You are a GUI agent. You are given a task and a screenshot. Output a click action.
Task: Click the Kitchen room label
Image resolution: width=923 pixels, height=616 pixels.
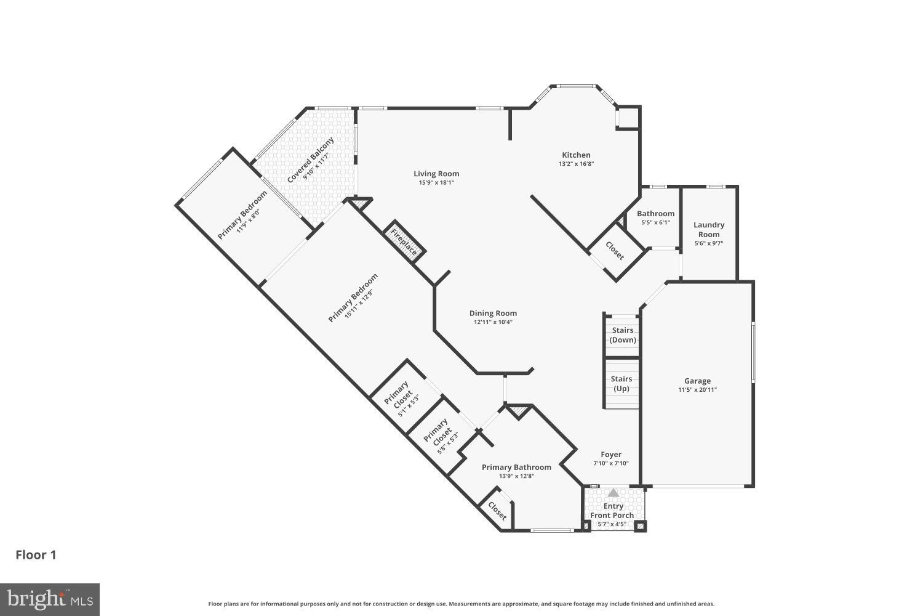pyautogui.click(x=576, y=155)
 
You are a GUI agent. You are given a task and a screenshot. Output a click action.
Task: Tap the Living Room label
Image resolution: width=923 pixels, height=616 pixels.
pyautogui.click(x=436, y=174)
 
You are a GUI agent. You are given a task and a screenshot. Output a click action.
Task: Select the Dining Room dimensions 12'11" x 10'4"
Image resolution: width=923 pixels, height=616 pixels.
pyautogui.click(x=493, y=322)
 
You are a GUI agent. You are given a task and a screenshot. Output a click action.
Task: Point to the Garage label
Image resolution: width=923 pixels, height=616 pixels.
pyautogui.click(x=697, y=381)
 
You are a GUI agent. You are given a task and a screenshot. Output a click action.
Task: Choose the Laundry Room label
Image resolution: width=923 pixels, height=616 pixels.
pyautogui.click(x=709, y=229)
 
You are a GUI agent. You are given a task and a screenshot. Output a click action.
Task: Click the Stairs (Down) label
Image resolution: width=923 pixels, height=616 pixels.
pyautogui.click(x=623, y=335)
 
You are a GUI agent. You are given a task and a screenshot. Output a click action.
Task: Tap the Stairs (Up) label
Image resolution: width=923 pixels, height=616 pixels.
pyautogui.click(x=621, y=384)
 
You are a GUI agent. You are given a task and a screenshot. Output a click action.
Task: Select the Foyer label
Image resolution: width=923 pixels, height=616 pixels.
pyautogui.click(x=611, y=455)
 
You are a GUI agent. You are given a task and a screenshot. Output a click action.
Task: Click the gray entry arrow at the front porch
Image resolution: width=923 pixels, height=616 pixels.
pyautogui.click(x=613, y=493)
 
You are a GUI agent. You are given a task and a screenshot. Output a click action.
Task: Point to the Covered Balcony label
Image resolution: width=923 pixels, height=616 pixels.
pyautogui.click(x=311, y=160)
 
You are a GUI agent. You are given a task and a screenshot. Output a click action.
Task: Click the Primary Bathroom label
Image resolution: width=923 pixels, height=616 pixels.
pyautogui.click(x=516, y=467)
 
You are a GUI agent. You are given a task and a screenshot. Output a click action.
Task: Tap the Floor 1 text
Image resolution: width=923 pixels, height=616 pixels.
pyautogui.click(x=36, y=555)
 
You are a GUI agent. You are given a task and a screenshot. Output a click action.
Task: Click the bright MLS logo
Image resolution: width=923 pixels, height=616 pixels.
pyautogui.click(x=50, y=599)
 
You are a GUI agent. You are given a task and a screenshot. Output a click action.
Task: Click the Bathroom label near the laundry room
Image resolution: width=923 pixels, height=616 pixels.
pyautogui.click(x=655, y=214)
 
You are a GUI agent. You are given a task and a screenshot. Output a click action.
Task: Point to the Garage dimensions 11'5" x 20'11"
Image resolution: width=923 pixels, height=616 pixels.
pyautogui.click(x=697, y=390)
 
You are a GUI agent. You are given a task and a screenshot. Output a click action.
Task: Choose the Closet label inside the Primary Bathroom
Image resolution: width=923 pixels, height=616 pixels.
pyautogui.click(x=497, y=511)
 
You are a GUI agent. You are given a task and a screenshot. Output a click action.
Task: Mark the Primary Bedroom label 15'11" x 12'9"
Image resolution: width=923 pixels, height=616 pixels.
pyautogui.click(x=353, y=298)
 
